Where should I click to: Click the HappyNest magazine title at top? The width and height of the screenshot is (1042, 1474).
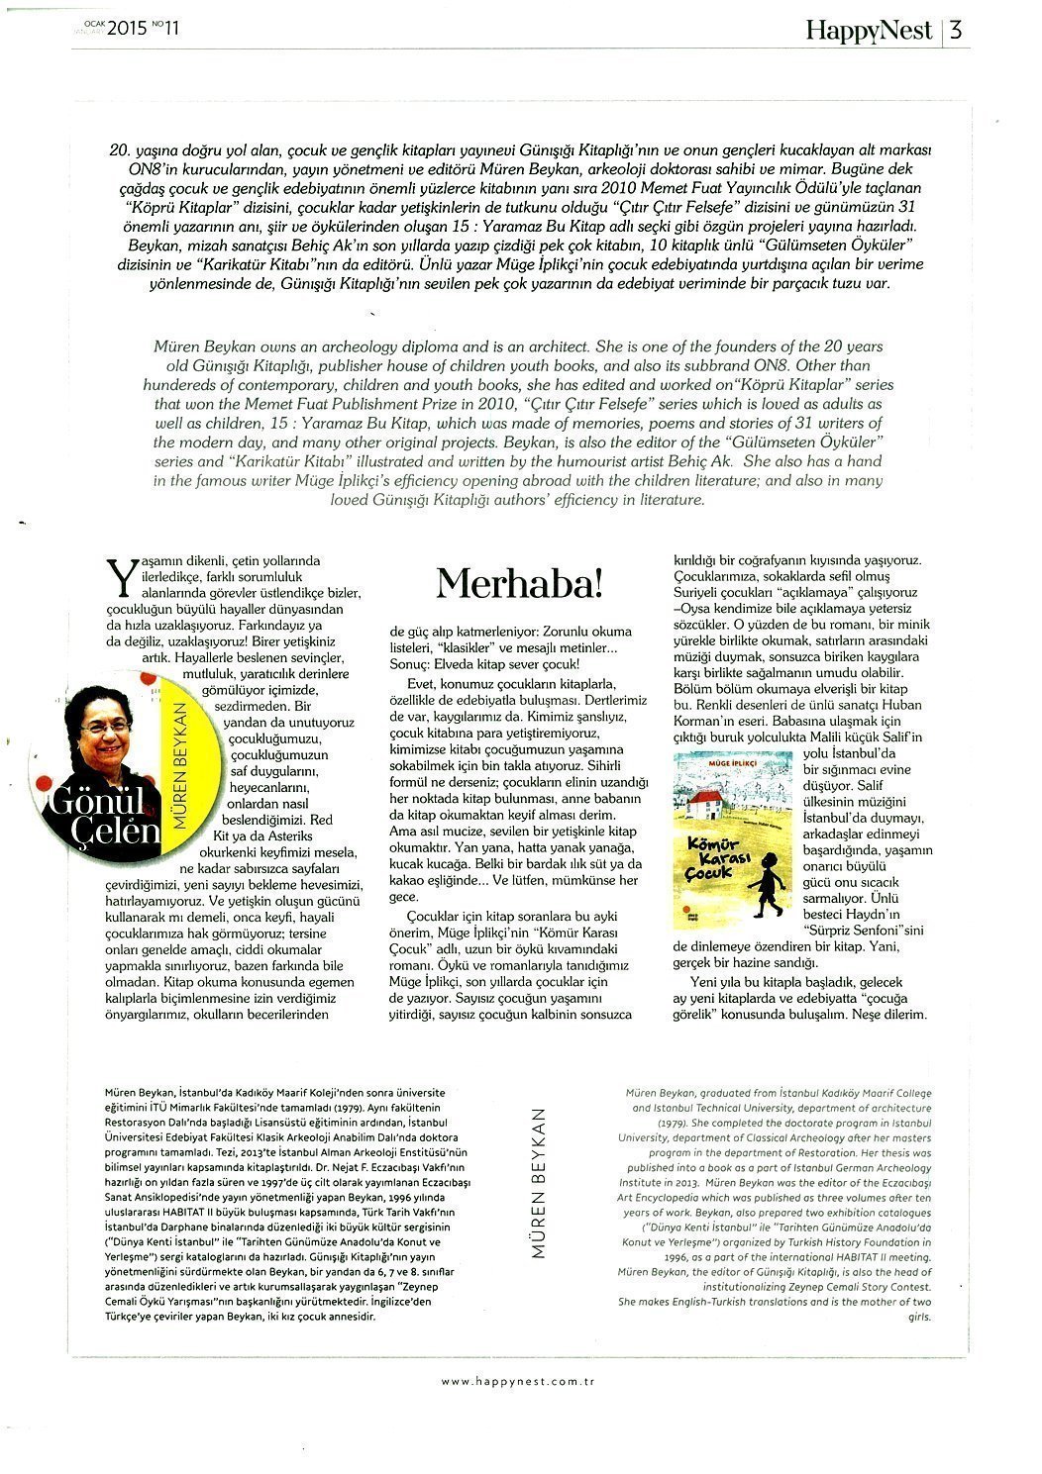(x=869, y=30)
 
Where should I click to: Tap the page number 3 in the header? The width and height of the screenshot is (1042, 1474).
(x=956, y=30)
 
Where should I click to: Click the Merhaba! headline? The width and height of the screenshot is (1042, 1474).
(x=519, y=584)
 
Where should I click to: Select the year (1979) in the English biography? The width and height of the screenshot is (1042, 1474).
(x=677, y=1125)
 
